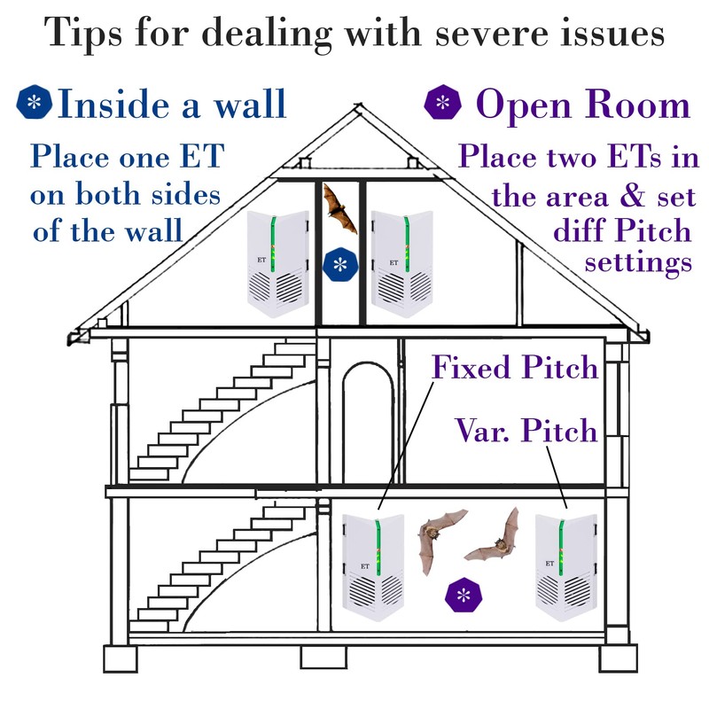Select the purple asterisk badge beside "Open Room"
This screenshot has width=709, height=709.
point(443,104)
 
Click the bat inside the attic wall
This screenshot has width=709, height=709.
point(339,207)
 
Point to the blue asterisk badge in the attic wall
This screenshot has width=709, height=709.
point(339,264)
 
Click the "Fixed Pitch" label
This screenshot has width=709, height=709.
point(515,366)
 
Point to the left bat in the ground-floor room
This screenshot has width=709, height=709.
point(440,541)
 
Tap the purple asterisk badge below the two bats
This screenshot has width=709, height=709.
point(462,595)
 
